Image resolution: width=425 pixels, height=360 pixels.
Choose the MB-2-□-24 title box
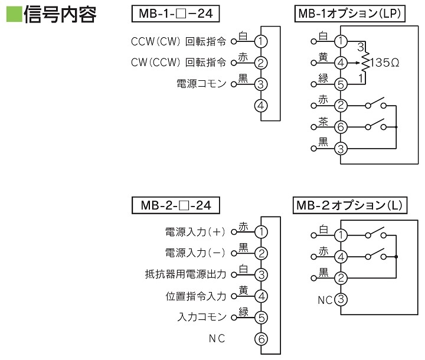tap(176, 205)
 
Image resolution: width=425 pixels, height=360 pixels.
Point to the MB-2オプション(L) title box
tap(349, 205)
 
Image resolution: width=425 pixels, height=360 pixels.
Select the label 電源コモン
tap(201, 84)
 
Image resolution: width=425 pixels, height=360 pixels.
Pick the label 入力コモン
tap(201, 317)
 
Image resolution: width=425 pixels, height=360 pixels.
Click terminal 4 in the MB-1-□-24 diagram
tap(260, 106)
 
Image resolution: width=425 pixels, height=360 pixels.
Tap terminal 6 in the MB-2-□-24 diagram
tap(260, 338)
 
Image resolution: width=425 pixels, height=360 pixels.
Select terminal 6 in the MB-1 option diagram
tap(341, 127)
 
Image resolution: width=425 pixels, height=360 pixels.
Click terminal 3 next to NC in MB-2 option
tap(341, 299)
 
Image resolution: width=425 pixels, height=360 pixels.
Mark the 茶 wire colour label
tap(323, 122)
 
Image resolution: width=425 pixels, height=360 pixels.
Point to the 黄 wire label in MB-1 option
tap(323, 56)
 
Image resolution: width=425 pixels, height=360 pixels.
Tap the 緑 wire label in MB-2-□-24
tap(243, 311)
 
